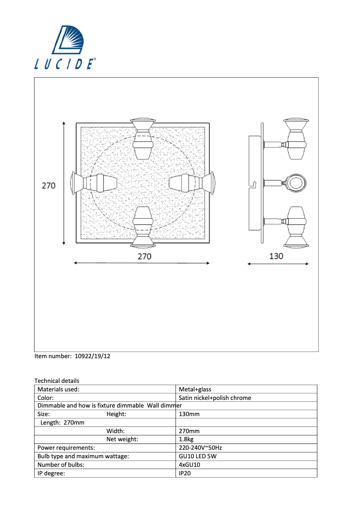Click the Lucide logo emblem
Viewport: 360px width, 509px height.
68,39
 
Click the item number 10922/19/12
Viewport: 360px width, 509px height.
92,356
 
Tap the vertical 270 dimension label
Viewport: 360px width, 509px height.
48,185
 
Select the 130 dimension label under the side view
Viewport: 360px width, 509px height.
276,256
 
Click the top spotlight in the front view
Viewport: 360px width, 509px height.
143,138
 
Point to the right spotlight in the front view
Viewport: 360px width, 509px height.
192,183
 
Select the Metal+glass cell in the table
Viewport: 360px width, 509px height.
195,389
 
